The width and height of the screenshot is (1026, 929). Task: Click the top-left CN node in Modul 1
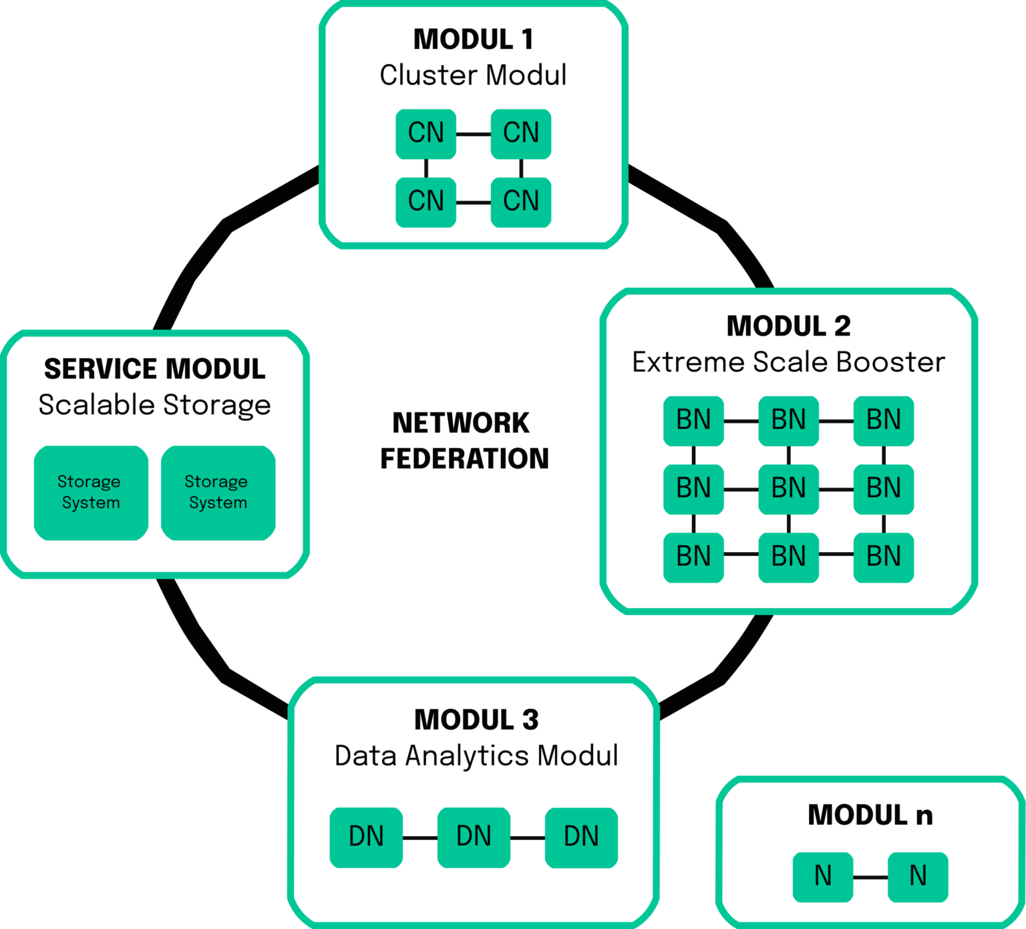[425, 133]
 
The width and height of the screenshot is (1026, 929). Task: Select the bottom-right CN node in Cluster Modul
[520, 201]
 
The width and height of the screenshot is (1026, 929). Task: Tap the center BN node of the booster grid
[788, 489]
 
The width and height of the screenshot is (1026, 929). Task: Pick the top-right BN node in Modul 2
[883, 420]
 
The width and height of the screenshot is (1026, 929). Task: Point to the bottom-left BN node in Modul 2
[693, 557]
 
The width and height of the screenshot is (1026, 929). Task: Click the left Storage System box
[91, 493]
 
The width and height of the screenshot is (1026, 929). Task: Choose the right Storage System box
[218, 493]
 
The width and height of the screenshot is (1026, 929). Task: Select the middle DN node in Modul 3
[474, 837]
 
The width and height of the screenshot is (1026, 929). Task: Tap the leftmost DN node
[366, 837]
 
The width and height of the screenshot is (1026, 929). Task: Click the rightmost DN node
[581, 837]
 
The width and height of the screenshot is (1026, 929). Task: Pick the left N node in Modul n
[822, 876]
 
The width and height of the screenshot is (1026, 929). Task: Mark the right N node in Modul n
[918, 876]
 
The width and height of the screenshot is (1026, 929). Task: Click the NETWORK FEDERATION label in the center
[464, 441]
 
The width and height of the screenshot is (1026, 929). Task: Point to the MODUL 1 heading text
[473, 39]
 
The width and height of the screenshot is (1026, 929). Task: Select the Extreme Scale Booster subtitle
[788, 362]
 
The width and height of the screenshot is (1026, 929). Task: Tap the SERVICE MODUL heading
[155, 369]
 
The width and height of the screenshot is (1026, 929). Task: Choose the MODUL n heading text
[870, 815]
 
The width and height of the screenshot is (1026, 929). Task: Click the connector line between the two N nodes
[870, 877]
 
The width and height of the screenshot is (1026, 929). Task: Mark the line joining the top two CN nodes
[473, 134]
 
